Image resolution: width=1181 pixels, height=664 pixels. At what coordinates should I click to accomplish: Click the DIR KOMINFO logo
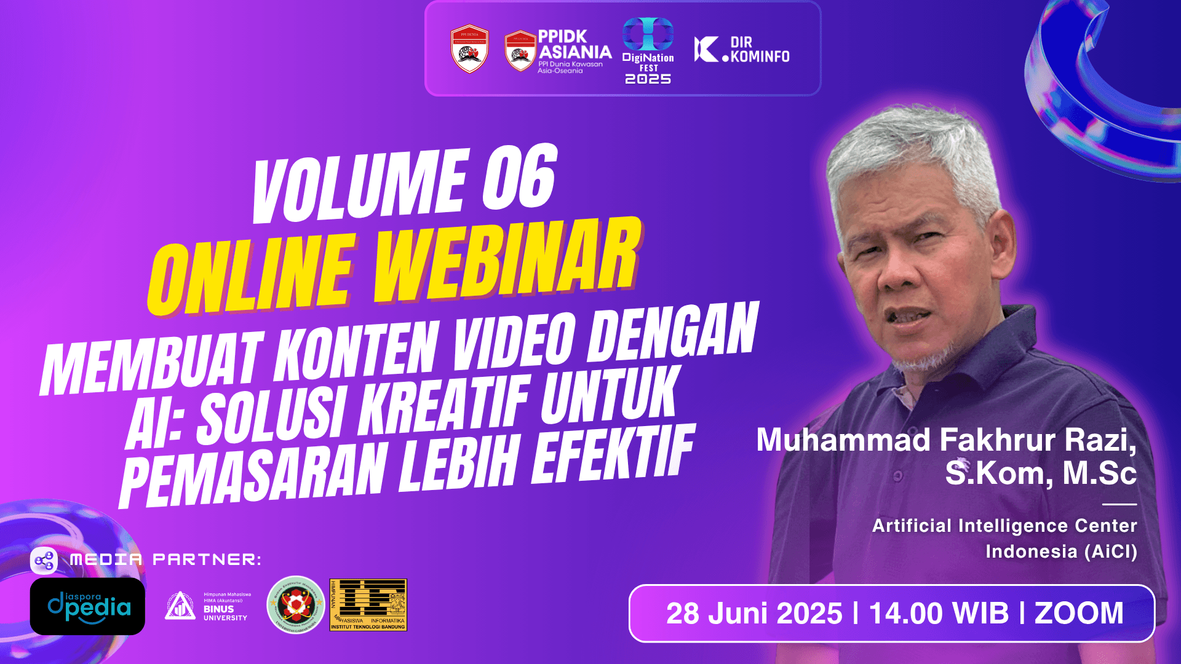coord(742,50)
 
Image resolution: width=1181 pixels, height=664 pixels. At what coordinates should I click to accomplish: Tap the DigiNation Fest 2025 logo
coord(648,51)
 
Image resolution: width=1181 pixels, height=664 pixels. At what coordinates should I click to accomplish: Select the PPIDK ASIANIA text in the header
coord(575,45)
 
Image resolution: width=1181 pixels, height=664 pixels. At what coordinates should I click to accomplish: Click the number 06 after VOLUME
coord(520,178)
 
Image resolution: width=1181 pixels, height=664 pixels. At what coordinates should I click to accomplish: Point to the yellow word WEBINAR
coord(507,261)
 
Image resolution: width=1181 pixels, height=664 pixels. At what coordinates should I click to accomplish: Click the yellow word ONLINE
coord(252,275)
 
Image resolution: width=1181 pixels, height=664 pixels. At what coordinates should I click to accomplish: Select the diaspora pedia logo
coord(87,606)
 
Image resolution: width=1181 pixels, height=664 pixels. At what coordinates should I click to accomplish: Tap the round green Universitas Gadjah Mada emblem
coord(296,604)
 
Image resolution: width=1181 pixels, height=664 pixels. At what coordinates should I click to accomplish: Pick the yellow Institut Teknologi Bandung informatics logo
coord(368,605)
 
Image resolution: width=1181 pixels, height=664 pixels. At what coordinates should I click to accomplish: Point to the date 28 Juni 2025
coord(754,614)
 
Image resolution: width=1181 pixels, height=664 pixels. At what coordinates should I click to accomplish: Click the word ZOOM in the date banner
coord(1079,614)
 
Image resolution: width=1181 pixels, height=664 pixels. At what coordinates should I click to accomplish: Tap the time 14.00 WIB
coord(939,614)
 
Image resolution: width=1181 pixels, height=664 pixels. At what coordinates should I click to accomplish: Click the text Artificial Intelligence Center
coord(1004,526)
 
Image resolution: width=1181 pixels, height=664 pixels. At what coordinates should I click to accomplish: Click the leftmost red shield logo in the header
coord(469,49)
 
